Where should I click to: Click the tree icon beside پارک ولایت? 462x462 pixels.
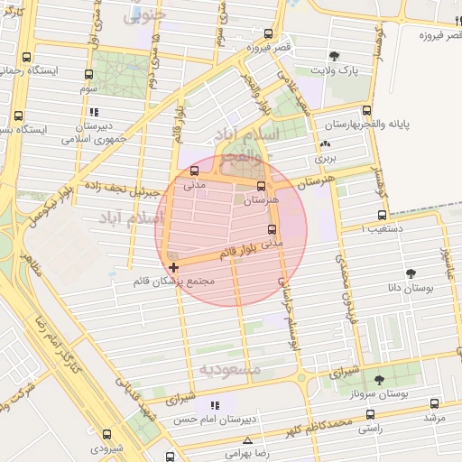click(x=335, y=56)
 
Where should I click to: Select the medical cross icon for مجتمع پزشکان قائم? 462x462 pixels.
click(x=173, y=267)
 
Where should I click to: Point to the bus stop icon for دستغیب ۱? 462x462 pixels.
click(x=382, y=216)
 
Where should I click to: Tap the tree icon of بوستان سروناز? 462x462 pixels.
click(x=378, y=380)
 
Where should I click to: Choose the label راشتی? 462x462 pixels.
click(x=369, y=429)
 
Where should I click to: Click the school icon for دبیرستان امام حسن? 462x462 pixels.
click(x=214, y=405)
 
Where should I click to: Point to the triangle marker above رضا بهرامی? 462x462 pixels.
click(x=247, y=440)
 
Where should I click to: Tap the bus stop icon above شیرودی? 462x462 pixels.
click(x=107, y=434)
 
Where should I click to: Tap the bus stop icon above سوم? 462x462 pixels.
click(x=88, y=75)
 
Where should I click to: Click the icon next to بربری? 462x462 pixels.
click(x=325, y=143)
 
